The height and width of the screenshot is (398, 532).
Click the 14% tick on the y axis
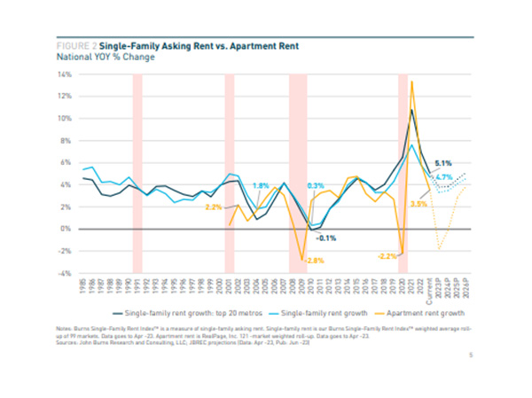(x=65, y=74)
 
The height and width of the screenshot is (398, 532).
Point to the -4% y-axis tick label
(x=65, y=273)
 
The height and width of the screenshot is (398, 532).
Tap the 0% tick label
(x=66, y=229)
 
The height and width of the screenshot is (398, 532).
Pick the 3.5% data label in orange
(x=419, y=205)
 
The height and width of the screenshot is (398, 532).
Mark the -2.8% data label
(x=311, y=261)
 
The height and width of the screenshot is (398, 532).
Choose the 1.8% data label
(x=261, y=184)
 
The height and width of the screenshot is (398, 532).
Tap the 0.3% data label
(x=315, y=185)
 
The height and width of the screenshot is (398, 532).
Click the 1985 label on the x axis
(x=83, y=285)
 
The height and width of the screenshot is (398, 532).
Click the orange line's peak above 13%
(x=412, y=82)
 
